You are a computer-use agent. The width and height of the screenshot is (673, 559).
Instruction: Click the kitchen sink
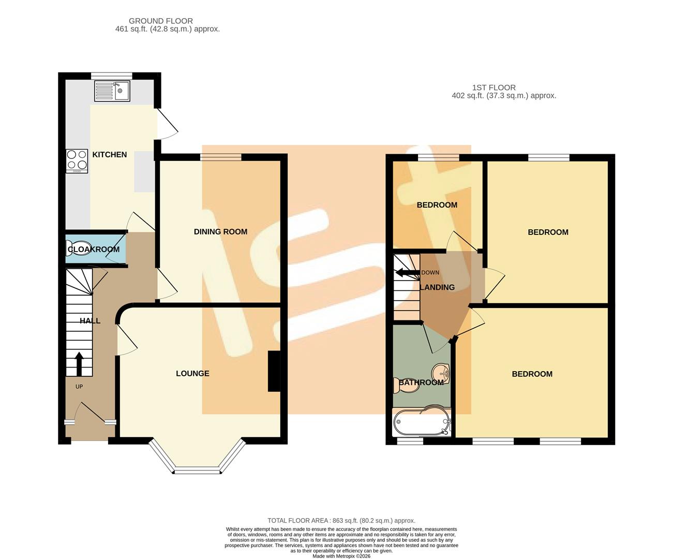(112, 92)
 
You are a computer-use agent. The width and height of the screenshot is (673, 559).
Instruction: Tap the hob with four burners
(77, 161)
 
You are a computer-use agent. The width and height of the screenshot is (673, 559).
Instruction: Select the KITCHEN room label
(109, 154)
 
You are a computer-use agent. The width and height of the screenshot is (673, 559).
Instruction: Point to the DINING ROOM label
(220, 231)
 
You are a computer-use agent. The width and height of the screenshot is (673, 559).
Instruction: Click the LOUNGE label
(192, 373)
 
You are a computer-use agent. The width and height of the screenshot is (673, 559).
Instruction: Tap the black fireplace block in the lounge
(274, 372)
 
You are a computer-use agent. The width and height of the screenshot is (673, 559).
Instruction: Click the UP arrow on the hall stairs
(79, 364)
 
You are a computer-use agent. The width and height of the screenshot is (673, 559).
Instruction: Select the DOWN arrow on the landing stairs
(407, 273)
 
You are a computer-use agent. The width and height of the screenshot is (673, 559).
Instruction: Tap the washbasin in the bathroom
(441, 372)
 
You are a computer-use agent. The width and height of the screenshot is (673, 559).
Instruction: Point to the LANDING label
(437, 287)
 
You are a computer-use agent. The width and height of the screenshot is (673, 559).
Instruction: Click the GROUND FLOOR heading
(161, 21)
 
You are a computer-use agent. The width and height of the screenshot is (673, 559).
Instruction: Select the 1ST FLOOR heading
(493, 87)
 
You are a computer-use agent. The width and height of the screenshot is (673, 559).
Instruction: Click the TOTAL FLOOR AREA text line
(341, 521)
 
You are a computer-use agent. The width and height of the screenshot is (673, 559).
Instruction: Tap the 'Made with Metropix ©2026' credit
(341, 556)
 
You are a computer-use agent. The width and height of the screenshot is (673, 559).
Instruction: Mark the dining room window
(221, 157)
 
